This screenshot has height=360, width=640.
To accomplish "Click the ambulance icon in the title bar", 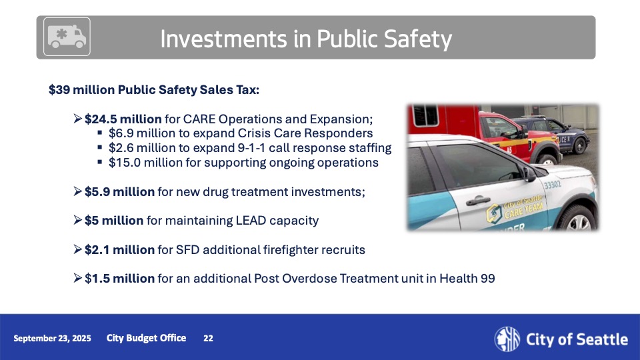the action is coord(67,37).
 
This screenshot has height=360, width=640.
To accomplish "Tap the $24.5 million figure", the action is coord(123,119).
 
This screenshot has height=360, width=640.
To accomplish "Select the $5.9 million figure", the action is coord(119,192).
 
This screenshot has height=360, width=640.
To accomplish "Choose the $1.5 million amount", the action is coord(119,279).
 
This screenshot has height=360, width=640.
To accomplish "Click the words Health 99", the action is coord(467,279).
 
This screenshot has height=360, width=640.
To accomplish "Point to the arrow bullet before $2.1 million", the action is coord(78,249).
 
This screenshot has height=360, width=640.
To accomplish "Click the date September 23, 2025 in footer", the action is coord(52,338).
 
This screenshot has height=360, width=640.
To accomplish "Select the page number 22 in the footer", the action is coord(208,338).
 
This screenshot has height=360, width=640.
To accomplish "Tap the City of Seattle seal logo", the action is coord(507,339).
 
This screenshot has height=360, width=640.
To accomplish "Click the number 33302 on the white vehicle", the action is coord(553,185).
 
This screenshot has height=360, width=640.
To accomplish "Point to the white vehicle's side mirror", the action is coord(529,174).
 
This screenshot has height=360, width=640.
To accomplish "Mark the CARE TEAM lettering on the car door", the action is coord(524,211).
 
